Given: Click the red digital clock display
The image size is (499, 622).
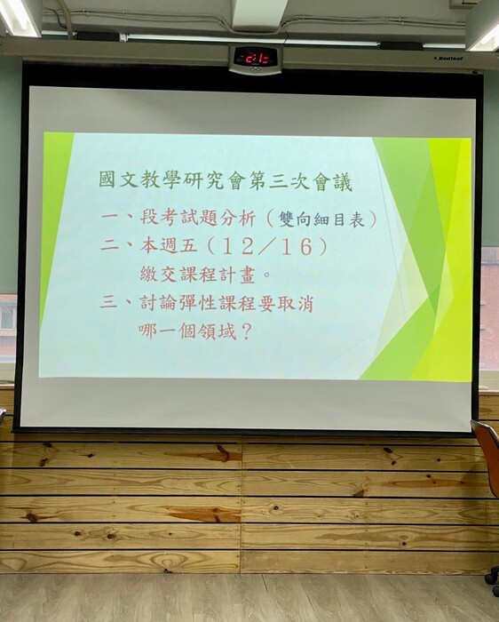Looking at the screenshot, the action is tap(256, 60).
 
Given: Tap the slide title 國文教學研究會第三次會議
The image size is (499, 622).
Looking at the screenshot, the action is tap(226, 181).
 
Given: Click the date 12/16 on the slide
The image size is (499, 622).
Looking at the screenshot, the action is tap(266, 247).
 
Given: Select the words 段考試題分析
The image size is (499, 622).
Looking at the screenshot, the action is tap(198, 218).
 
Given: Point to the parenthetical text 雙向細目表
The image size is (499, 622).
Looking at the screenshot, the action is tap(321, 219).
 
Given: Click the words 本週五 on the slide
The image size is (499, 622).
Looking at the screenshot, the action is tap(169, 246).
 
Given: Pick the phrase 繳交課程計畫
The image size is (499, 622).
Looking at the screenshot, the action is tap(197, 275).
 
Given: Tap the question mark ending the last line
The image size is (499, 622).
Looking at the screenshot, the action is tap(246, 332).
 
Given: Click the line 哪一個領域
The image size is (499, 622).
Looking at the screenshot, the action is tap(187, 331).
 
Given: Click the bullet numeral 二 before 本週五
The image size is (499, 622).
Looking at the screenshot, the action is tap(109, 245).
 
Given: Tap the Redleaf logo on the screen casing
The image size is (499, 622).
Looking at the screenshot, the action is tap(450, 59).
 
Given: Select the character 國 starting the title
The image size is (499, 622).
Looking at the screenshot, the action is tap(107, 179).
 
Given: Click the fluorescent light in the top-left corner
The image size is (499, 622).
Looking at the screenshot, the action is tap(19, 18).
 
